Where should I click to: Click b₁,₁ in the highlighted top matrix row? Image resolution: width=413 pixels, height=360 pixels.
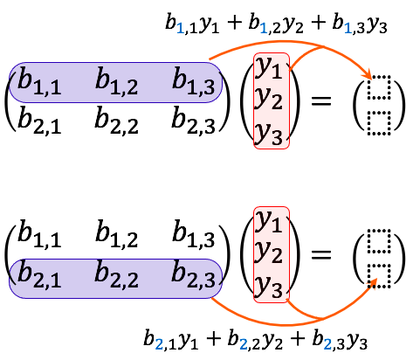pyautogui.click(x=39, y=81)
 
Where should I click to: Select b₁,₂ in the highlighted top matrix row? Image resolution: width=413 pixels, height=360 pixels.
pyautogui.click(x=117, y=81)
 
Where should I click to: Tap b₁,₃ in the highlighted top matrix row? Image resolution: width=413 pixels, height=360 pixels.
pyautogui.click(x=194, y=81)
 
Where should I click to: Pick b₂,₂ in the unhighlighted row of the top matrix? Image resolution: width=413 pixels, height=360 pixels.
pyautogui.click(x=117, y=121)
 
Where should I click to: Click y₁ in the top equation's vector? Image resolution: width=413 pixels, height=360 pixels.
pyautogui.click(x=269, y=69)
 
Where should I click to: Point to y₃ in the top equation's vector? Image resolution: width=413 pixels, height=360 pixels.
pyautogui.click(x=269, y=135)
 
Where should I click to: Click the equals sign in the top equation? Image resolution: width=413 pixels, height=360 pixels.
pyautogui.click(x=321, y=100)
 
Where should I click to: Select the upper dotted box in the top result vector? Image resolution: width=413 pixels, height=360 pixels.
pyautogui.click(x=379, y=87)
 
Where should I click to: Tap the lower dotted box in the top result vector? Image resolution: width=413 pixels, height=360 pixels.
pyautogui.click(x=379, y=123)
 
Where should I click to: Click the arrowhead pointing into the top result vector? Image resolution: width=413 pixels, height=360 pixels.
pyautogui.click(x=368, y=73)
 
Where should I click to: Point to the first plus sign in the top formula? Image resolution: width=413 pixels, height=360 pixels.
pyautogui.click(x=233, y=23)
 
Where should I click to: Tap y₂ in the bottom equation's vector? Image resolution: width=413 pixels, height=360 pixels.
pyautogui.click(x=269, y=253)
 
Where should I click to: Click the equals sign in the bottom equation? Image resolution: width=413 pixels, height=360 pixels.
pyautogui.click(x=321, y=254)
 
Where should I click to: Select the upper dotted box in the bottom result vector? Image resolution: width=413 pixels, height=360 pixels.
pyautogui.click(x=379, y=241)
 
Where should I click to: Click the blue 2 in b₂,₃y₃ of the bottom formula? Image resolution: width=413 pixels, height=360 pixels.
pyautogui.click(x=327, y=344)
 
